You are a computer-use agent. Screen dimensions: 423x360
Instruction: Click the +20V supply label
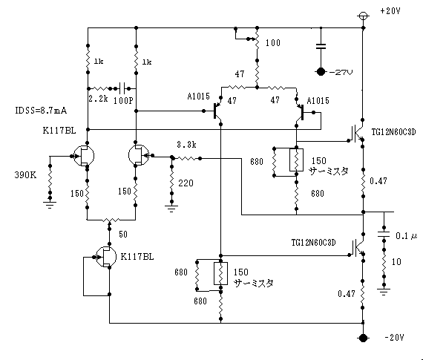click(x=390, y=11)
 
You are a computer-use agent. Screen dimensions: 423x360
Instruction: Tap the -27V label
click(x=341, y=72)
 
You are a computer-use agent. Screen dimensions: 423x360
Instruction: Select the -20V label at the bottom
click(x=394, y=337)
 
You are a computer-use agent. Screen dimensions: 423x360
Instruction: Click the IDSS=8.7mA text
click(x=41, y=111)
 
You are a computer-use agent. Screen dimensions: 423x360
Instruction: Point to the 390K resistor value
click(x=25, y=175)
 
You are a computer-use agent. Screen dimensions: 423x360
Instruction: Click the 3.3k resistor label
click(x=186, y=145)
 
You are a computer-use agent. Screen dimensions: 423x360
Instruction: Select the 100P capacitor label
click(x=123, y=101)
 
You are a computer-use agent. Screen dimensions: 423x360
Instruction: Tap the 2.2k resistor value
click(x=98, y=99)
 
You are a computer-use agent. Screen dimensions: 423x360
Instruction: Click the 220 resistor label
click(x=186, y=183)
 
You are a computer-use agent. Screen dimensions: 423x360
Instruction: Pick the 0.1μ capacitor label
click(x=406, y=236)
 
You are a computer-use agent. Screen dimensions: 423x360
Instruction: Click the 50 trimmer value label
click(x=123, y=235)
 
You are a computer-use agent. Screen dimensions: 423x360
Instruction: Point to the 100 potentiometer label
click(x=273, y=42)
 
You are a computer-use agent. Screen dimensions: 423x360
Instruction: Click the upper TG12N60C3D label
click(x=393, y=132)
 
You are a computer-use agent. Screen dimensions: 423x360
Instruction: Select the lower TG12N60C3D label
click(x=313, y=243)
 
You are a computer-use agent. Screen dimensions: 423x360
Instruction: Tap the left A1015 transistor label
click(x=199, y=96)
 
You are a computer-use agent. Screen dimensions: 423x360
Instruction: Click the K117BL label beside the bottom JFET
click(x=137, y=257)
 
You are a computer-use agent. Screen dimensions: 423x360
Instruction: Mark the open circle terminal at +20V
click(x=363, y=16)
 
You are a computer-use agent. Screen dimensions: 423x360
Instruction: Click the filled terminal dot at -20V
click(x=363, y=338)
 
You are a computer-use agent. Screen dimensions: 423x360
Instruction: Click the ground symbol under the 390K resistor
click(x=50, y=205)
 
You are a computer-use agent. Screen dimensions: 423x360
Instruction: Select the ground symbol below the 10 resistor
click(x=384, y=292)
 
